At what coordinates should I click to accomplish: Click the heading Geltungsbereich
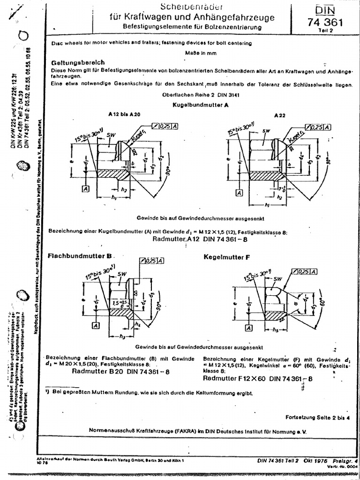[x=77, y=62]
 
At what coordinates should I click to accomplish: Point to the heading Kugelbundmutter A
[x=201, y=105]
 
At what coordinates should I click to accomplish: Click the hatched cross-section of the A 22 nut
[x=266, y=176]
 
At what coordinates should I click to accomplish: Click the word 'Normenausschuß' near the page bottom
[x=111, y=429]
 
